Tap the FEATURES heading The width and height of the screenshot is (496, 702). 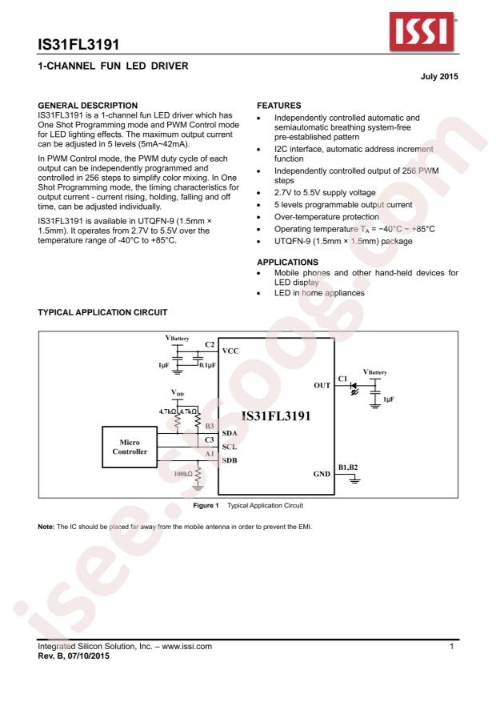[x=278, y=105]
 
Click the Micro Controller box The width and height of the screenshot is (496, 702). [x=129, y=447]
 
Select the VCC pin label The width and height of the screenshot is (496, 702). [x=230, y=351]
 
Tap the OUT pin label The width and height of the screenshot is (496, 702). [x=322, y=385]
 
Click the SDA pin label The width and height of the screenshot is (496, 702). [x=230, y=432]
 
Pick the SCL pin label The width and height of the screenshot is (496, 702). [x=230, y=446]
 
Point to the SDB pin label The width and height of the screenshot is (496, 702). [x=230, y=460]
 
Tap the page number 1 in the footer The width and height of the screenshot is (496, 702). [x=453, y=644]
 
